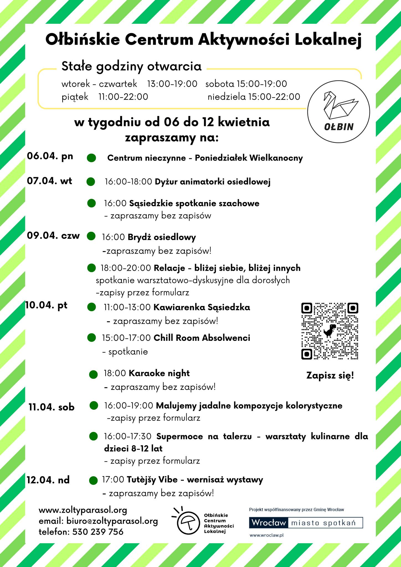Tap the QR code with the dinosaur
click(330, 331)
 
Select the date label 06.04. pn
click(50, 156)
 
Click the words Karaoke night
click(159, 373)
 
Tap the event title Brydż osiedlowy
click(162, 237)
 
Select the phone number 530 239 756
click(98, 532)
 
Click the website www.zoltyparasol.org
click(83, 510)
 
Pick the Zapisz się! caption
click(330, 376)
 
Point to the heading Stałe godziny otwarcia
click(131, 66)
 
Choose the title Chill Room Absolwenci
click(202, 338)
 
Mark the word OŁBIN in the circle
click(339, 127)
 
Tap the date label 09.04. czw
click(53, 236)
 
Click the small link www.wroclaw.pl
click(267, 535)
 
